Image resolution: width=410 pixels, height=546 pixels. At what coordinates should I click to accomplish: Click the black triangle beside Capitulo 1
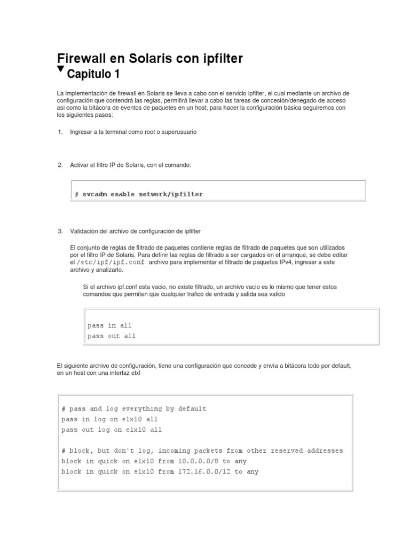[60, 70]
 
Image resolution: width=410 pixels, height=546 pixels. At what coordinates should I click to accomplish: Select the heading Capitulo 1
[97, 73]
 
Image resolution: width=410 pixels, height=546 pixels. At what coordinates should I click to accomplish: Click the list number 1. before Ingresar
[60, 132]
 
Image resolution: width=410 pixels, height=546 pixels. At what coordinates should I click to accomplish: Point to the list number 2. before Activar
[60, 165]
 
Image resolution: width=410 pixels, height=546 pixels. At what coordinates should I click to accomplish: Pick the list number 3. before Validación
[60, 231]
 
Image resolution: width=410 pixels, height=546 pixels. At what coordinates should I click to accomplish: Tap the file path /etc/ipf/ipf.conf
[111, 262]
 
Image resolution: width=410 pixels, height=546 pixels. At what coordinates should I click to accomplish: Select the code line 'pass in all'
[109, 325]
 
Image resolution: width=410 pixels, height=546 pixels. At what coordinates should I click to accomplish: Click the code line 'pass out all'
[111, 336]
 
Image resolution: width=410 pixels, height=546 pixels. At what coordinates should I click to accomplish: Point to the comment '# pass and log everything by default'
[133, 409]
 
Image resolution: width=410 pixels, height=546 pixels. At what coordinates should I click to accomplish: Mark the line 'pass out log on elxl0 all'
[112, 430]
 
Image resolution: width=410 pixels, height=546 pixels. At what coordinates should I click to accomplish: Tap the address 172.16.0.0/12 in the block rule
[204, 472]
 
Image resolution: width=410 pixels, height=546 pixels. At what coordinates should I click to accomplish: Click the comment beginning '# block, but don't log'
[202, 451]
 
